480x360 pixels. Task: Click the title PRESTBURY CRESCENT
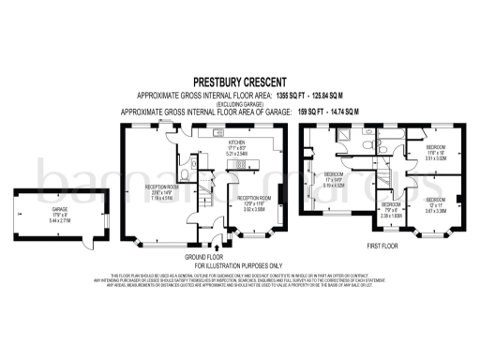pos(240,82)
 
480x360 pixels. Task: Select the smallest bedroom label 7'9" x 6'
pos(391,211)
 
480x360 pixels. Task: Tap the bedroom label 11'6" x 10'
pos(436,155)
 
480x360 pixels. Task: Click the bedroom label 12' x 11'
pos(436,206)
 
